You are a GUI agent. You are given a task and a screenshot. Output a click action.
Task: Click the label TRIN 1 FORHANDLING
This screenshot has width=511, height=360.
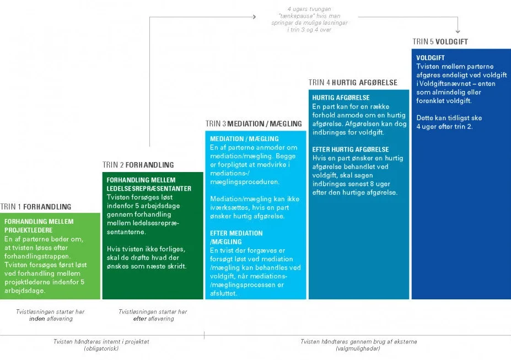36,207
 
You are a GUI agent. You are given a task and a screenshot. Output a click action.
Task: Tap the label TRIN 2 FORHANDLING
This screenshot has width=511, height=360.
138,165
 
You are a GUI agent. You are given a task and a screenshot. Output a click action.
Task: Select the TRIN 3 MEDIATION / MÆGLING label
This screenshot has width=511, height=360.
254,124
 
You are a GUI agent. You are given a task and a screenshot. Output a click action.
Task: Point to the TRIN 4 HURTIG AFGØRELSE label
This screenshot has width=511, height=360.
353,83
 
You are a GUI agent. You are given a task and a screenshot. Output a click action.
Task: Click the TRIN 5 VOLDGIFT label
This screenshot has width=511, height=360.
440,42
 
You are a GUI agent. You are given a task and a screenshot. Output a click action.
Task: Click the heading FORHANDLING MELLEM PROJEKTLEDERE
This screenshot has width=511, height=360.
39,226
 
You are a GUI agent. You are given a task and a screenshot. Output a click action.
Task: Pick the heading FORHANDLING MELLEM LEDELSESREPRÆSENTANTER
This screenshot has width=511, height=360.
149,184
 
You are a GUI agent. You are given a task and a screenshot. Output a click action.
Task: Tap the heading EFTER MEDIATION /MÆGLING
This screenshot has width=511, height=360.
236,238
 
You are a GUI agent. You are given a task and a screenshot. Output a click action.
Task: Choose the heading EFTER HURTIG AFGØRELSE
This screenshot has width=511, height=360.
351,149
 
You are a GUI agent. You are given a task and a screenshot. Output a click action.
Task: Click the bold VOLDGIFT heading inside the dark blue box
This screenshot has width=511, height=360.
431,58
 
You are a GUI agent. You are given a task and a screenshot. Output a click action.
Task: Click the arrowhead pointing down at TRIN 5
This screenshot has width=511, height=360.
458,31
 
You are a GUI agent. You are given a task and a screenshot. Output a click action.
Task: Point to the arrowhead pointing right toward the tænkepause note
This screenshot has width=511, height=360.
254,17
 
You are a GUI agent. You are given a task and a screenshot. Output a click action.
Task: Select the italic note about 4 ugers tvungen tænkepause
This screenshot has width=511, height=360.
309,19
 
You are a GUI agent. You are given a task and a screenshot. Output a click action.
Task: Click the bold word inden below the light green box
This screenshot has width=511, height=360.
37,319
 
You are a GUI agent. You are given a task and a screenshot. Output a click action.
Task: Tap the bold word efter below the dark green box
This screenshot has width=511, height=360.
139,319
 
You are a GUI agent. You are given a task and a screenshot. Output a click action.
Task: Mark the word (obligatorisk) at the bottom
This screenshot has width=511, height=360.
101,348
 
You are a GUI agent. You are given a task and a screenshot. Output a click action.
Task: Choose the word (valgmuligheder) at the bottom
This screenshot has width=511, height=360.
358,348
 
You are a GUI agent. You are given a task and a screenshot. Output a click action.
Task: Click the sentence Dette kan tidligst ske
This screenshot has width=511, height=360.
449,118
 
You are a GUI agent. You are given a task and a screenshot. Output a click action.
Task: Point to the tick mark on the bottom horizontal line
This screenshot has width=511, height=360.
205,335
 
